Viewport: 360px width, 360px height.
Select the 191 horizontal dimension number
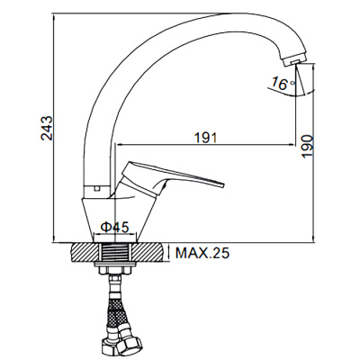click(x=206, y=137)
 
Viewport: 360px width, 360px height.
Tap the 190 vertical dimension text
click(x=307, y=148)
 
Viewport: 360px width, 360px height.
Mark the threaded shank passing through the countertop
click(x=117, y=254)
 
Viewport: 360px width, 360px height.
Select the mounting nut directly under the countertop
click(x=117, y=270)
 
